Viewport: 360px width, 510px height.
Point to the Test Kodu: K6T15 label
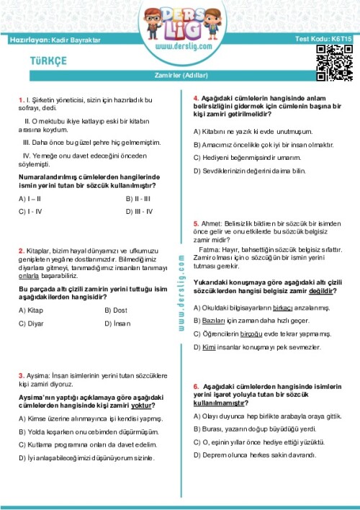tap(324, 37)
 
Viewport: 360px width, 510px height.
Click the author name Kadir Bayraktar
tap(74, 37)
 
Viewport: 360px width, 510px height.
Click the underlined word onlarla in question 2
tap(29, 274)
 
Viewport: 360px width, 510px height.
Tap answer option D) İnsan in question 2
tap(118, 324)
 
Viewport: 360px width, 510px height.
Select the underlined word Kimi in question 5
tap(210, 347)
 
